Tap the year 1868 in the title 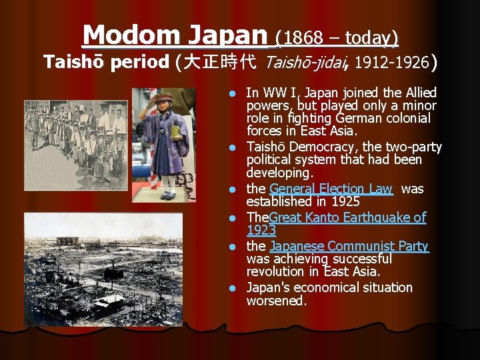(309, 38)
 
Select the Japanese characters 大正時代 (219, 63)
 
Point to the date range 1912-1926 (392, 63)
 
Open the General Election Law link (331, 189)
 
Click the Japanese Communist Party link (349, 247)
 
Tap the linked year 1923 (261, 230)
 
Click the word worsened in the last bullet (276, 301)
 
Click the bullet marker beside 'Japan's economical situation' (231, 289)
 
